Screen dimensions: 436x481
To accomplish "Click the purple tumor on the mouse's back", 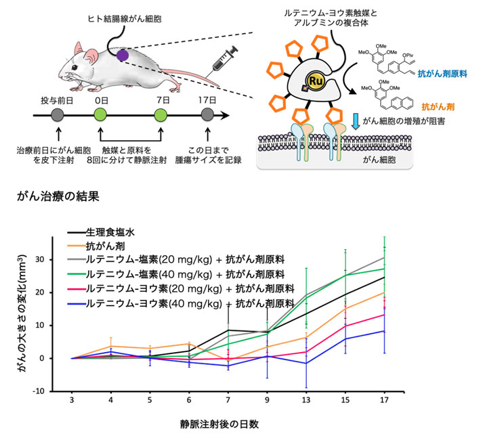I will tap(122, 53).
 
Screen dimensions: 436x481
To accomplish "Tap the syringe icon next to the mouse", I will tap(224, 58).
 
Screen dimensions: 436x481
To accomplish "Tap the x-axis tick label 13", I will tap(307, 401).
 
